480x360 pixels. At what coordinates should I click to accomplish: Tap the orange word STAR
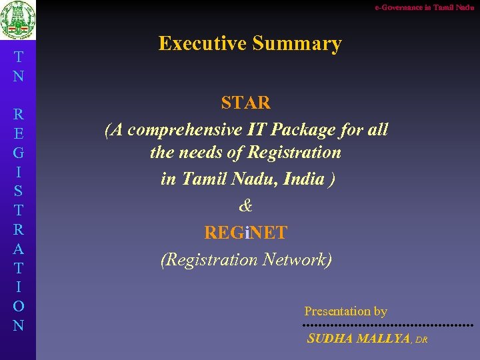click(245, 103)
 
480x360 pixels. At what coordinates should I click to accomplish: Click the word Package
click(297, 129)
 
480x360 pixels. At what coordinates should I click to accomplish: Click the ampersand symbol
click(245, 206)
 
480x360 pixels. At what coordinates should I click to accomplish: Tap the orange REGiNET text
click(245, 233)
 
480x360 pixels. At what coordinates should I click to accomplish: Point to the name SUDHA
click(331, 339)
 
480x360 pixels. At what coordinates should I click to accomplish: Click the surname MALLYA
click(383, 339)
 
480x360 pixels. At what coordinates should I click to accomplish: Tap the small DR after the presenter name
click(421, 340)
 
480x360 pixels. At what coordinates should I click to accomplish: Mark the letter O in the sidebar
click(18, 307)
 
